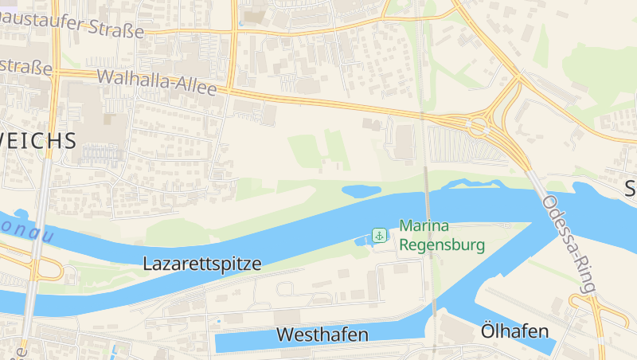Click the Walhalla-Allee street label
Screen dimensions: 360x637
156,83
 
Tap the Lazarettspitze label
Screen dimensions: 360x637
201,264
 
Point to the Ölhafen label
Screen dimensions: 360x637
515,331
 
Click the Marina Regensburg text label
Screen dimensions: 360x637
442,236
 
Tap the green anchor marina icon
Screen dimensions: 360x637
380,236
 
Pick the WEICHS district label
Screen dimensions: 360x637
37,141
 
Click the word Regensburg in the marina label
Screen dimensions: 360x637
442,245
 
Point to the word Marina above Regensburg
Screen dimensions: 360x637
425,226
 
